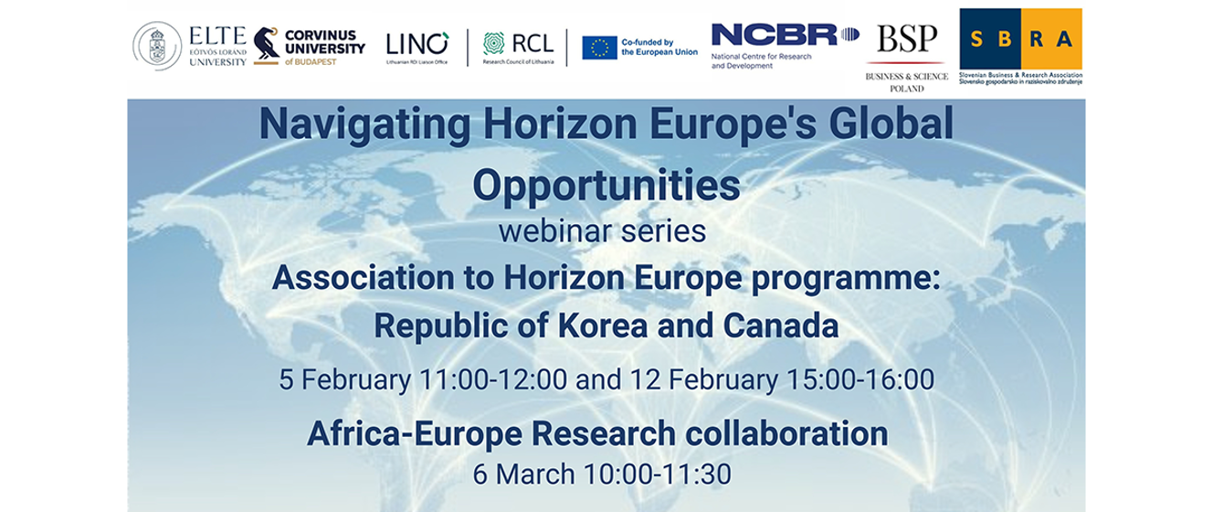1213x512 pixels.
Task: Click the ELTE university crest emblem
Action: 158,47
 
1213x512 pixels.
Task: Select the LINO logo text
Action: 417,44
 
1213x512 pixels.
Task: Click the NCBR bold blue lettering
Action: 775,35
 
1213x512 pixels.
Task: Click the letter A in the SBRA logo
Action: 1066,39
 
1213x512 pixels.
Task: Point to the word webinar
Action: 551,230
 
